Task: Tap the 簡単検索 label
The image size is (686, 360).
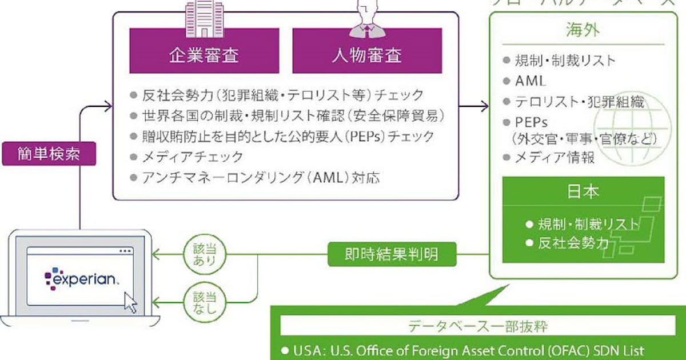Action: (x=49, y=154)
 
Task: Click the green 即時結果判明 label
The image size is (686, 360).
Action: (x=392, y=253)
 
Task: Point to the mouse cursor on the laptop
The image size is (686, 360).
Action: (x=131, y=302)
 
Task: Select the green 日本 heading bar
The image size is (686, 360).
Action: (x=583, y=191)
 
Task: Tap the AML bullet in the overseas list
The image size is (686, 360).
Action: (x=530, y=81)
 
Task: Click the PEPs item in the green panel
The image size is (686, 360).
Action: (x=532, y=122)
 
